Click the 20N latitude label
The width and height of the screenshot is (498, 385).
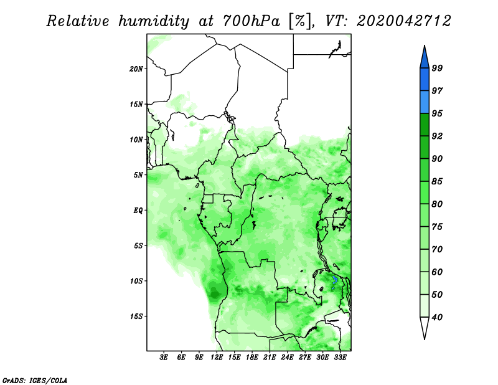[x=136, y=69]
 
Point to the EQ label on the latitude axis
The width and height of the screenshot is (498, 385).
[x=138, y=211]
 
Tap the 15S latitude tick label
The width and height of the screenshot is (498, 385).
[x=136, y=316]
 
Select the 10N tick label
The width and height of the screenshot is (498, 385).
[x=136, y=140]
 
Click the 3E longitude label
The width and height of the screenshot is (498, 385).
[x=164, y=358]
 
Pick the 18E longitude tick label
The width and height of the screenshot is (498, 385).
[x=252, y=358]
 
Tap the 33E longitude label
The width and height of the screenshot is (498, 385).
[x=340, y=358]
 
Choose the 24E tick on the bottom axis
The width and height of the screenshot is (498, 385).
[x=287, y=358]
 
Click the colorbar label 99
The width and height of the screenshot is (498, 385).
[x=437, y=68]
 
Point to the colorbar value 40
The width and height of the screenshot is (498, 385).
[x=437, y=317]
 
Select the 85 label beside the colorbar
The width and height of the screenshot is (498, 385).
[x=437, y=181]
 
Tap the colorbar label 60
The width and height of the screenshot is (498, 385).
[x=437, y=272]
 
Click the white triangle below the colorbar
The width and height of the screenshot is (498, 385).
[x=425, y=327]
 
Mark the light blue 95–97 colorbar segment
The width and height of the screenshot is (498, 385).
[x=425, y=102]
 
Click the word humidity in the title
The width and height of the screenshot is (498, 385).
[x=154, y=21]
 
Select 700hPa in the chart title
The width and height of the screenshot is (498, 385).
[x=251, y=21]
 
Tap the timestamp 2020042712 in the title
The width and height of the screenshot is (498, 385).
[x=403, y=21]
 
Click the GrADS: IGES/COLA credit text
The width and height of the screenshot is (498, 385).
[x=35, y=380]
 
